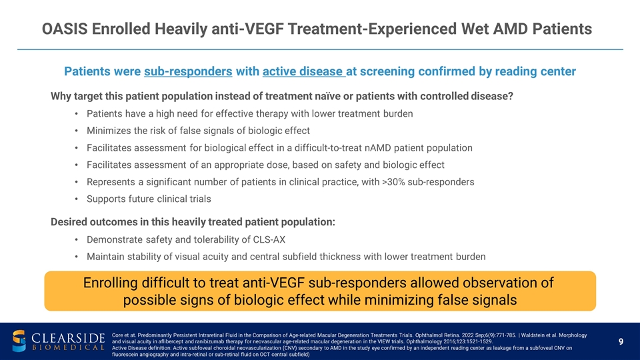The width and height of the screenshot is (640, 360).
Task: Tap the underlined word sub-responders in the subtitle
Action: point(188,71)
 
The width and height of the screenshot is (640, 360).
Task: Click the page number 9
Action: point(621,342)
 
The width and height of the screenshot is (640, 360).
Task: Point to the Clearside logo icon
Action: point(21,341)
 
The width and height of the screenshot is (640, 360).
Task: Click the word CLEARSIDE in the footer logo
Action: point(67,335)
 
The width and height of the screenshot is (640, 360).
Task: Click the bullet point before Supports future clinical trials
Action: point(78,199)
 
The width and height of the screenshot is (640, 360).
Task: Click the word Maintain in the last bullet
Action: point(108,256)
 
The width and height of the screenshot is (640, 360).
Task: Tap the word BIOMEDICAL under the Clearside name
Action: point(67,347)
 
